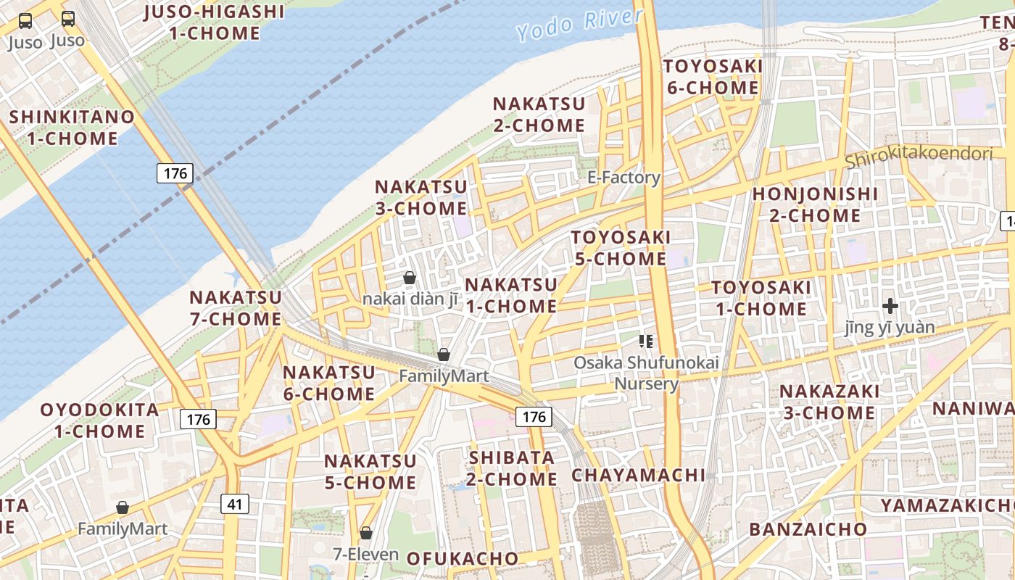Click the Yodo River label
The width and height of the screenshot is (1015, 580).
579,24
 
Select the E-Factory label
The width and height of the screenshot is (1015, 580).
623,178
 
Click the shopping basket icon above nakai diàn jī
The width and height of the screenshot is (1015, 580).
410,278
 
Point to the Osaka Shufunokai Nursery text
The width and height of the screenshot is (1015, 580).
646,373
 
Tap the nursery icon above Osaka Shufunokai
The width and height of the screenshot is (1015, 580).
646,341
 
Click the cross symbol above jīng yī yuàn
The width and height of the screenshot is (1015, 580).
890,306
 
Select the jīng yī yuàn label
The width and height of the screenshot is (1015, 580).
890,328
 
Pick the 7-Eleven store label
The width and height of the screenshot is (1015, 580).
365,555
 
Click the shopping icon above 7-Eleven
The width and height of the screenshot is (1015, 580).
366,533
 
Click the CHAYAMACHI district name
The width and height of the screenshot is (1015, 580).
638,476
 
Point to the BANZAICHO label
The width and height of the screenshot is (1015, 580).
808,529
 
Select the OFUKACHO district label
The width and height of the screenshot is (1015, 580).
462,558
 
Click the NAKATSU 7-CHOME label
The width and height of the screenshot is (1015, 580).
235,308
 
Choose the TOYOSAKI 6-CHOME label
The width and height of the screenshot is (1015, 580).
712,78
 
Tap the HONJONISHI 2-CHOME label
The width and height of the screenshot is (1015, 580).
815,204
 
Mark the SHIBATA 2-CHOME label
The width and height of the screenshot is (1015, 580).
512,468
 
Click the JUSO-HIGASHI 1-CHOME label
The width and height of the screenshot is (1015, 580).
214,22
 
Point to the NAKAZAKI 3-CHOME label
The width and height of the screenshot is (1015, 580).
827,402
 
